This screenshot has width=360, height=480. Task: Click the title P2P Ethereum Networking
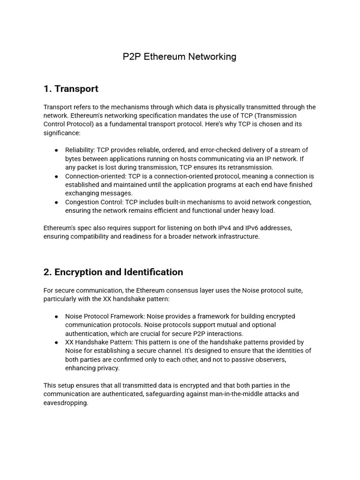(180, 57)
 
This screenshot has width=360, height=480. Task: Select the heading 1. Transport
(71, 89)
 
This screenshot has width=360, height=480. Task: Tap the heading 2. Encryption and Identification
(113, 272)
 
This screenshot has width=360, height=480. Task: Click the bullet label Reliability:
(80, 150)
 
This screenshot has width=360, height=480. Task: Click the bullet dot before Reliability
(56, 150)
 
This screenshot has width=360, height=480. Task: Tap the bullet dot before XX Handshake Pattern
(56, 342)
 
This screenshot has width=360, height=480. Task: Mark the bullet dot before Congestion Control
(56, 202)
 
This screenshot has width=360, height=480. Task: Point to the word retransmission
(251, 167)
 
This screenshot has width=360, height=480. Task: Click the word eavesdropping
(66, 403)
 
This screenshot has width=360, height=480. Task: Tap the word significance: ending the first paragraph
(62, 133)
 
